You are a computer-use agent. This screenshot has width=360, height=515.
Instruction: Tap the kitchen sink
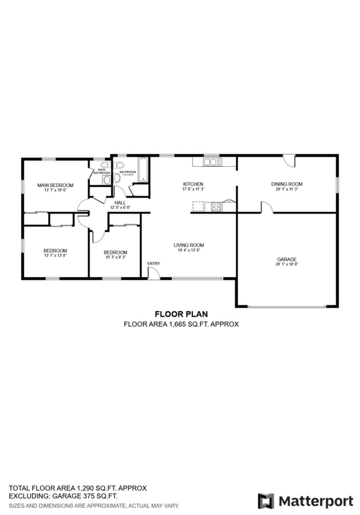211,162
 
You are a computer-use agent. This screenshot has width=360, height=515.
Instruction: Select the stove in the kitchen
216,207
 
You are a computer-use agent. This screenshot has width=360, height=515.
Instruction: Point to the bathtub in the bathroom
143,170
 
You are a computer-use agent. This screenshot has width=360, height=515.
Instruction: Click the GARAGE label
286,259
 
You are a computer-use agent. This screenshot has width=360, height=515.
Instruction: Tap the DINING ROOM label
286,184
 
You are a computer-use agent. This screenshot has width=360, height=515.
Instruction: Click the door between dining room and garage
266,208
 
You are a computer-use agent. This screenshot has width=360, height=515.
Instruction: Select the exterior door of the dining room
289,161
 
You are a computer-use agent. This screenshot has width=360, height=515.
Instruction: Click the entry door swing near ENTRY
154,273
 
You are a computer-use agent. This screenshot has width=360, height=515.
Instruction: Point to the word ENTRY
153,263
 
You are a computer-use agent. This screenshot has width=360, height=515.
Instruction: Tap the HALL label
120,203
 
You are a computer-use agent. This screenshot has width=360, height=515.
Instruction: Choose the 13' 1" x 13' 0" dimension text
55,256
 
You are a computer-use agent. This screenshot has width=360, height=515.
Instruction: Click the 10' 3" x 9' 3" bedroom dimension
115,257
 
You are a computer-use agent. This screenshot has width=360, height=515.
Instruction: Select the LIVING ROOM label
189,245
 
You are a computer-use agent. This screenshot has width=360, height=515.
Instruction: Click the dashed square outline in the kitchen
198,207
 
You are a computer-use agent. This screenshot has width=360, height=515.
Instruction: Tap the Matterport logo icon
266,501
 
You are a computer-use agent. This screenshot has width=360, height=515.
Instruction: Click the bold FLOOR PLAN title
181,314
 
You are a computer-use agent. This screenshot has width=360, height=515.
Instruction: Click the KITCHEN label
193,184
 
